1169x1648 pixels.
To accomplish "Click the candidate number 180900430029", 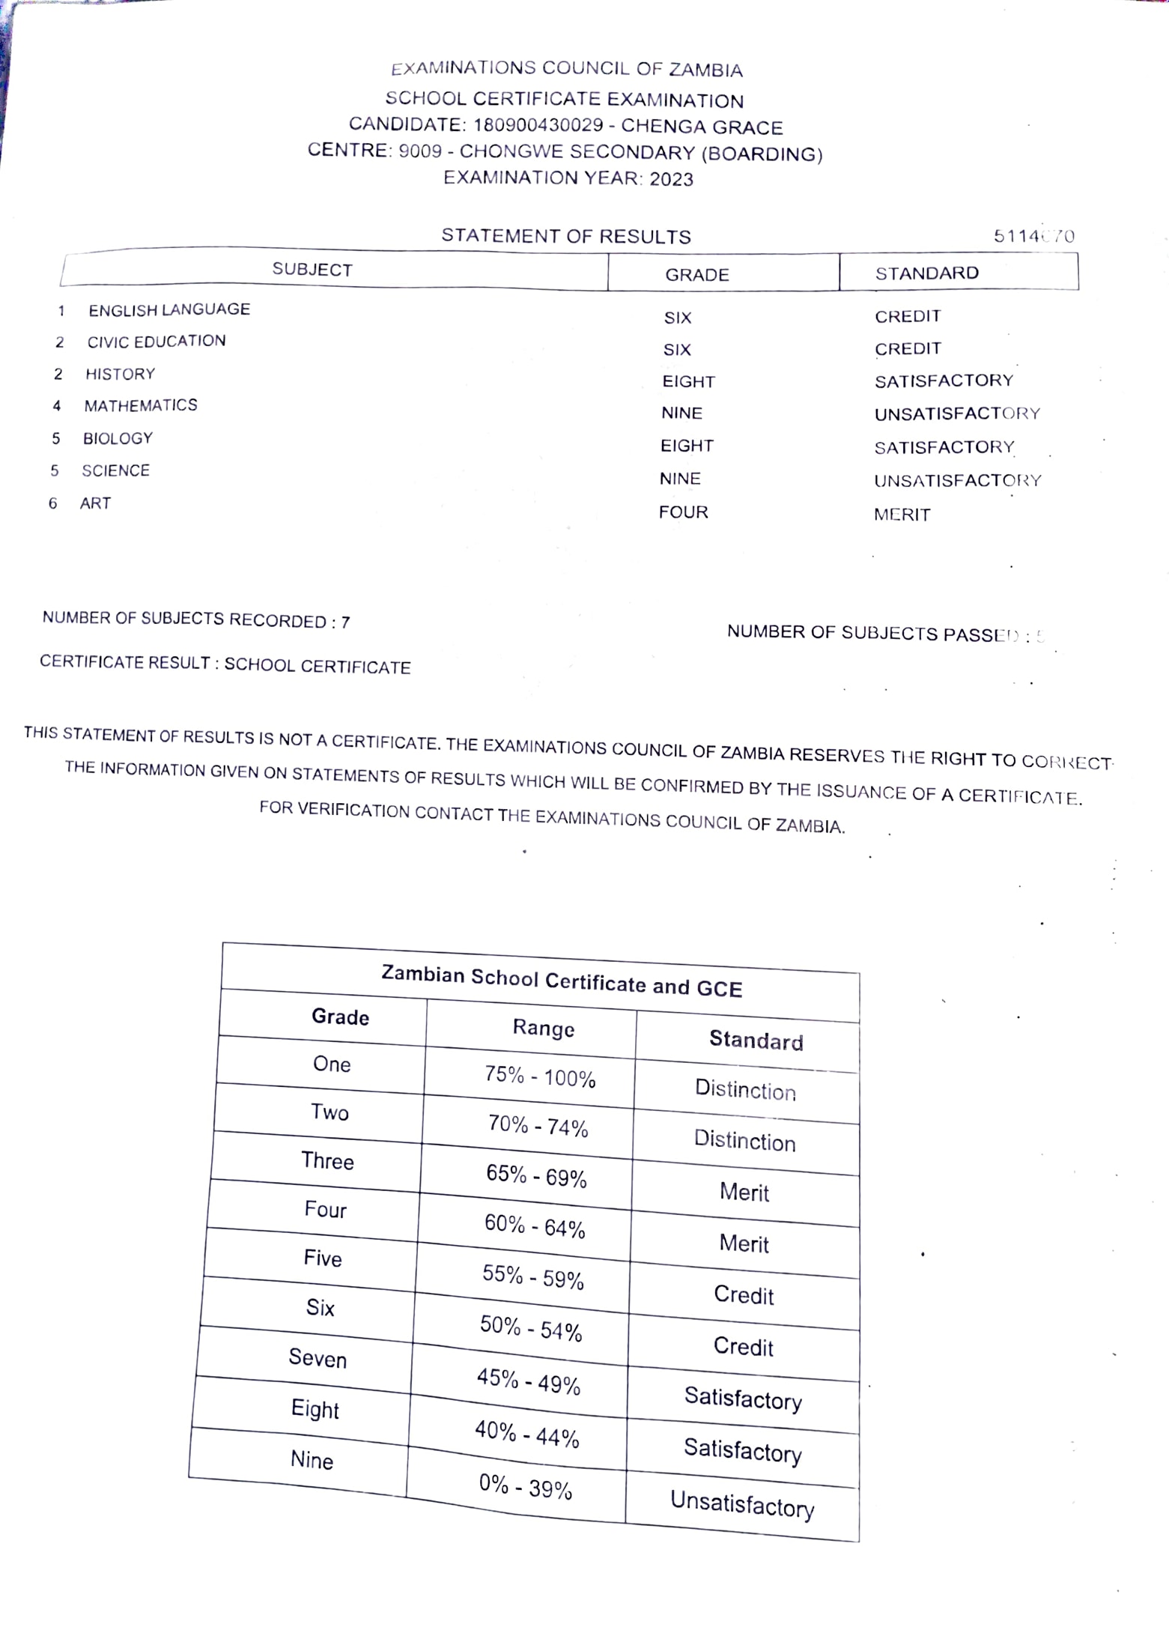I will click(538, 125).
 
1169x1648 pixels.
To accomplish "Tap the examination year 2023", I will click(671, 179).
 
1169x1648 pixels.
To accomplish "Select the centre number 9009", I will click(419, 151).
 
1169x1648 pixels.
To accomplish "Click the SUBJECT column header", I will click(312, 270).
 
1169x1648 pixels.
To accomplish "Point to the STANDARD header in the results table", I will click(926, 273).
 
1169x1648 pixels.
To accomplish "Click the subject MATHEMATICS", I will click(141, 405).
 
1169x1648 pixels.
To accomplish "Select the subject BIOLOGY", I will click(118, 438).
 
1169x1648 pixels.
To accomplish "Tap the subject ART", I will click(95, 503).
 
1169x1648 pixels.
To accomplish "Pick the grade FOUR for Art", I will click(683, 512).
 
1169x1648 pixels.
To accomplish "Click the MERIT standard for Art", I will click(902, 515).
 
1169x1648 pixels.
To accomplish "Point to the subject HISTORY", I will click(120, 374).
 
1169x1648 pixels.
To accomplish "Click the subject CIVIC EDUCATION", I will click(156, 342).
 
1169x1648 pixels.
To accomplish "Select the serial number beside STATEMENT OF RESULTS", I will click(1033, 237).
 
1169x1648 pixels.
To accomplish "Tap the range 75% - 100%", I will click(539, 1076).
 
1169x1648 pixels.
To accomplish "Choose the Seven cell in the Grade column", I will click(318, 1358).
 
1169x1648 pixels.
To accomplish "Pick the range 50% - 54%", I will click(531, 1328).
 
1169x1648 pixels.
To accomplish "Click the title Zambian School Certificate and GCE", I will click(562, 982).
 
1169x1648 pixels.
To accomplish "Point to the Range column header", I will click(543, 1028).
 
